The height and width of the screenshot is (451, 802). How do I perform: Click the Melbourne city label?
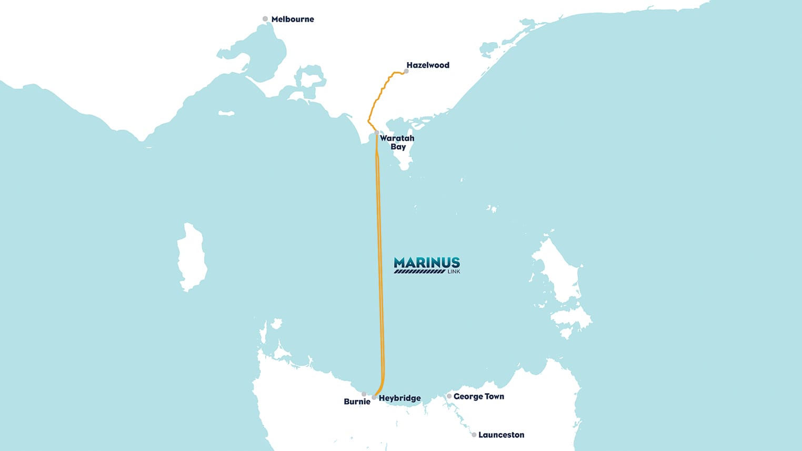pos(293,19)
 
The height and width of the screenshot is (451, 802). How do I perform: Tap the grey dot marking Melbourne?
pos(265,19)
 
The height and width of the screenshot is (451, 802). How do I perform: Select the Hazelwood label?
pos(428,65)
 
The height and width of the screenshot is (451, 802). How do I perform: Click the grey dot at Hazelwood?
pos(406,71)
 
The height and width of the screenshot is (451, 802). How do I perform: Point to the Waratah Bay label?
pos(397,142)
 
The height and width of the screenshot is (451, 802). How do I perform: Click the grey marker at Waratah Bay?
pos(377,133)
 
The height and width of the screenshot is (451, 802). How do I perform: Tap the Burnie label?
pos(357,402)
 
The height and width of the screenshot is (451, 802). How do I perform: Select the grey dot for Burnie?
pos(364,394)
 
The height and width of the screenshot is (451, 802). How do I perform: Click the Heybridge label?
pos(400,398)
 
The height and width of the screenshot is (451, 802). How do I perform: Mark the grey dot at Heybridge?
pos(374,397)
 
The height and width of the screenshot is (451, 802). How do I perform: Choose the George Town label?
pos(479,396)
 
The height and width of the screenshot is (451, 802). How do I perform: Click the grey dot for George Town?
pos(449,396)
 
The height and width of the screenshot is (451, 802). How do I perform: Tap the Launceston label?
pos(501,435)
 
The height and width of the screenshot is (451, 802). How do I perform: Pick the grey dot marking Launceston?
pos(474,435)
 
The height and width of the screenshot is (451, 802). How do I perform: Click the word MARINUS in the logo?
pos(427,263)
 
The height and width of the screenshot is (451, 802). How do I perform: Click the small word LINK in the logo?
pos(453,272)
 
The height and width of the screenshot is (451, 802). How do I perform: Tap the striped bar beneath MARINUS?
pos(419,272)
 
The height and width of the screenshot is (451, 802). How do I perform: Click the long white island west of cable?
pos(191,258)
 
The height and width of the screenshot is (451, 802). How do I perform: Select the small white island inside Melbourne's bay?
pos(226,113)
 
